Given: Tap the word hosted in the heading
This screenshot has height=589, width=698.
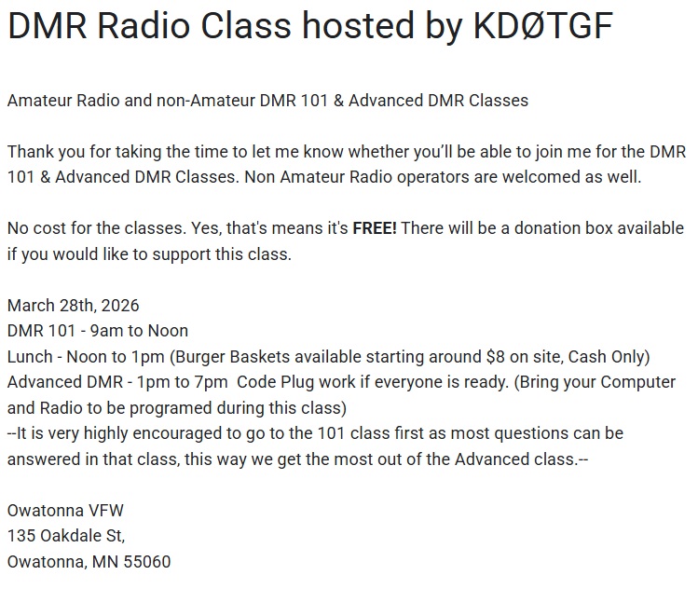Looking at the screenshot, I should [349, 28].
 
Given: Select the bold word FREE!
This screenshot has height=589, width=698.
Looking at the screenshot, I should [375, 228].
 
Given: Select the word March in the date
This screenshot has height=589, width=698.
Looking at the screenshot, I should [30, 305].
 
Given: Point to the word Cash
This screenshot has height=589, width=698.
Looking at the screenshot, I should [588, 356].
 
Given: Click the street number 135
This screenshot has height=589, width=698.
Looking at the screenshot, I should [21, 536].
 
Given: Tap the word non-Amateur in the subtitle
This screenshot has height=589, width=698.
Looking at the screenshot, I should [199, 101].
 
